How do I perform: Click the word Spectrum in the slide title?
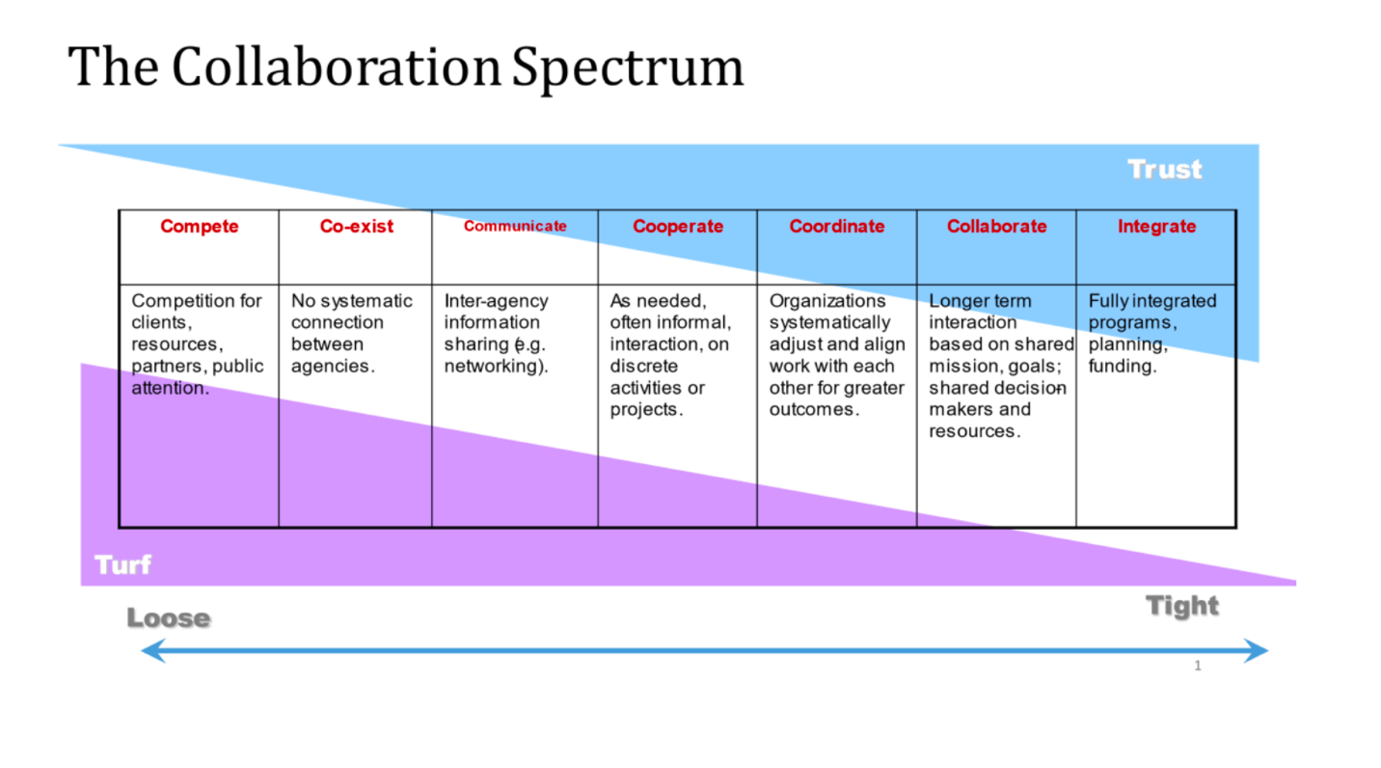point(628,68)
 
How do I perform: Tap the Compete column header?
point(200,227)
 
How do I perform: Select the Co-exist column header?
point(357,227)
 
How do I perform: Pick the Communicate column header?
point(515,227)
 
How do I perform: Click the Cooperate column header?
point(678,227)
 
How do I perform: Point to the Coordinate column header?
point(837,227)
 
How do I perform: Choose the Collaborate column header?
point(996,227)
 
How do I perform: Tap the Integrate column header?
point(1156,227)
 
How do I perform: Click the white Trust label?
point(1165,170)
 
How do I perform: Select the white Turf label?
point(122,564)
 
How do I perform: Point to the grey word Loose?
point(169,618)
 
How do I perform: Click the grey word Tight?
point(1182,607)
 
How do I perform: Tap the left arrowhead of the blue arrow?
point(149,651)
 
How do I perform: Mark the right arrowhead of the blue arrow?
point(1259,651)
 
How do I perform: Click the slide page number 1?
point(1198,666)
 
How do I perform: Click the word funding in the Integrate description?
point(1122,367)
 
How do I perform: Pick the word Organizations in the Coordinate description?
point(826,301)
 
